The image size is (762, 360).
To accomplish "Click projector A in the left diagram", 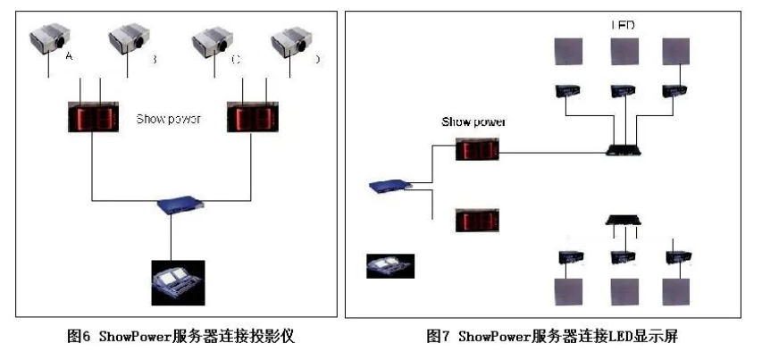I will pos(50,42).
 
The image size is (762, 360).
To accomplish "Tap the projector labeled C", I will pos(213,42).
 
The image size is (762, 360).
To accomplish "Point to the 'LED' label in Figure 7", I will pos(623,25).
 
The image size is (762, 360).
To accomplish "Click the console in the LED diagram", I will pos(390,265).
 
